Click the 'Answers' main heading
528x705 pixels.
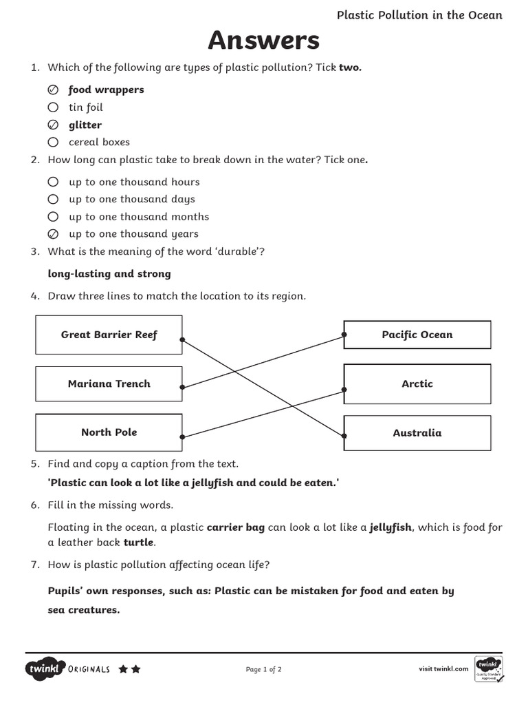point(264,41)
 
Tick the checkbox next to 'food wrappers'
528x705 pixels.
point(53,90)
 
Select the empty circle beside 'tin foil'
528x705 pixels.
point(53,107)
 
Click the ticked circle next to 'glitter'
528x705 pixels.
point(53,125)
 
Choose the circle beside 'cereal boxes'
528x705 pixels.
point(53,143)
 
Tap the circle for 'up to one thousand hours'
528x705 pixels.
point(53,182)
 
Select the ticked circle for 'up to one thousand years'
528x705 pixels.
point(53,234)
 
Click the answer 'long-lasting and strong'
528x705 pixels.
point(109,274)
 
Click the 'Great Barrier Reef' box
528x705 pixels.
point(109,335)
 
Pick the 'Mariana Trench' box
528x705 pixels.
point(109,384)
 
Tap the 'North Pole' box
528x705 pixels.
point(109,432)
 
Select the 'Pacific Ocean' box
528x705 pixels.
point(417,335)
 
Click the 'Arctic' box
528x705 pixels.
point(417,384)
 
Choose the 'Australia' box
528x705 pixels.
point(417,433)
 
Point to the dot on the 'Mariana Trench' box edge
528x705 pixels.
point(182,388)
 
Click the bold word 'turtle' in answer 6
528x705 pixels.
point(140,543)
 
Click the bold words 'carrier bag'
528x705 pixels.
point(236,528)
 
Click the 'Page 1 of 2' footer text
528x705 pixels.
point(263,669)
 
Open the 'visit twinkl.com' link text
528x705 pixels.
point(443,669)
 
